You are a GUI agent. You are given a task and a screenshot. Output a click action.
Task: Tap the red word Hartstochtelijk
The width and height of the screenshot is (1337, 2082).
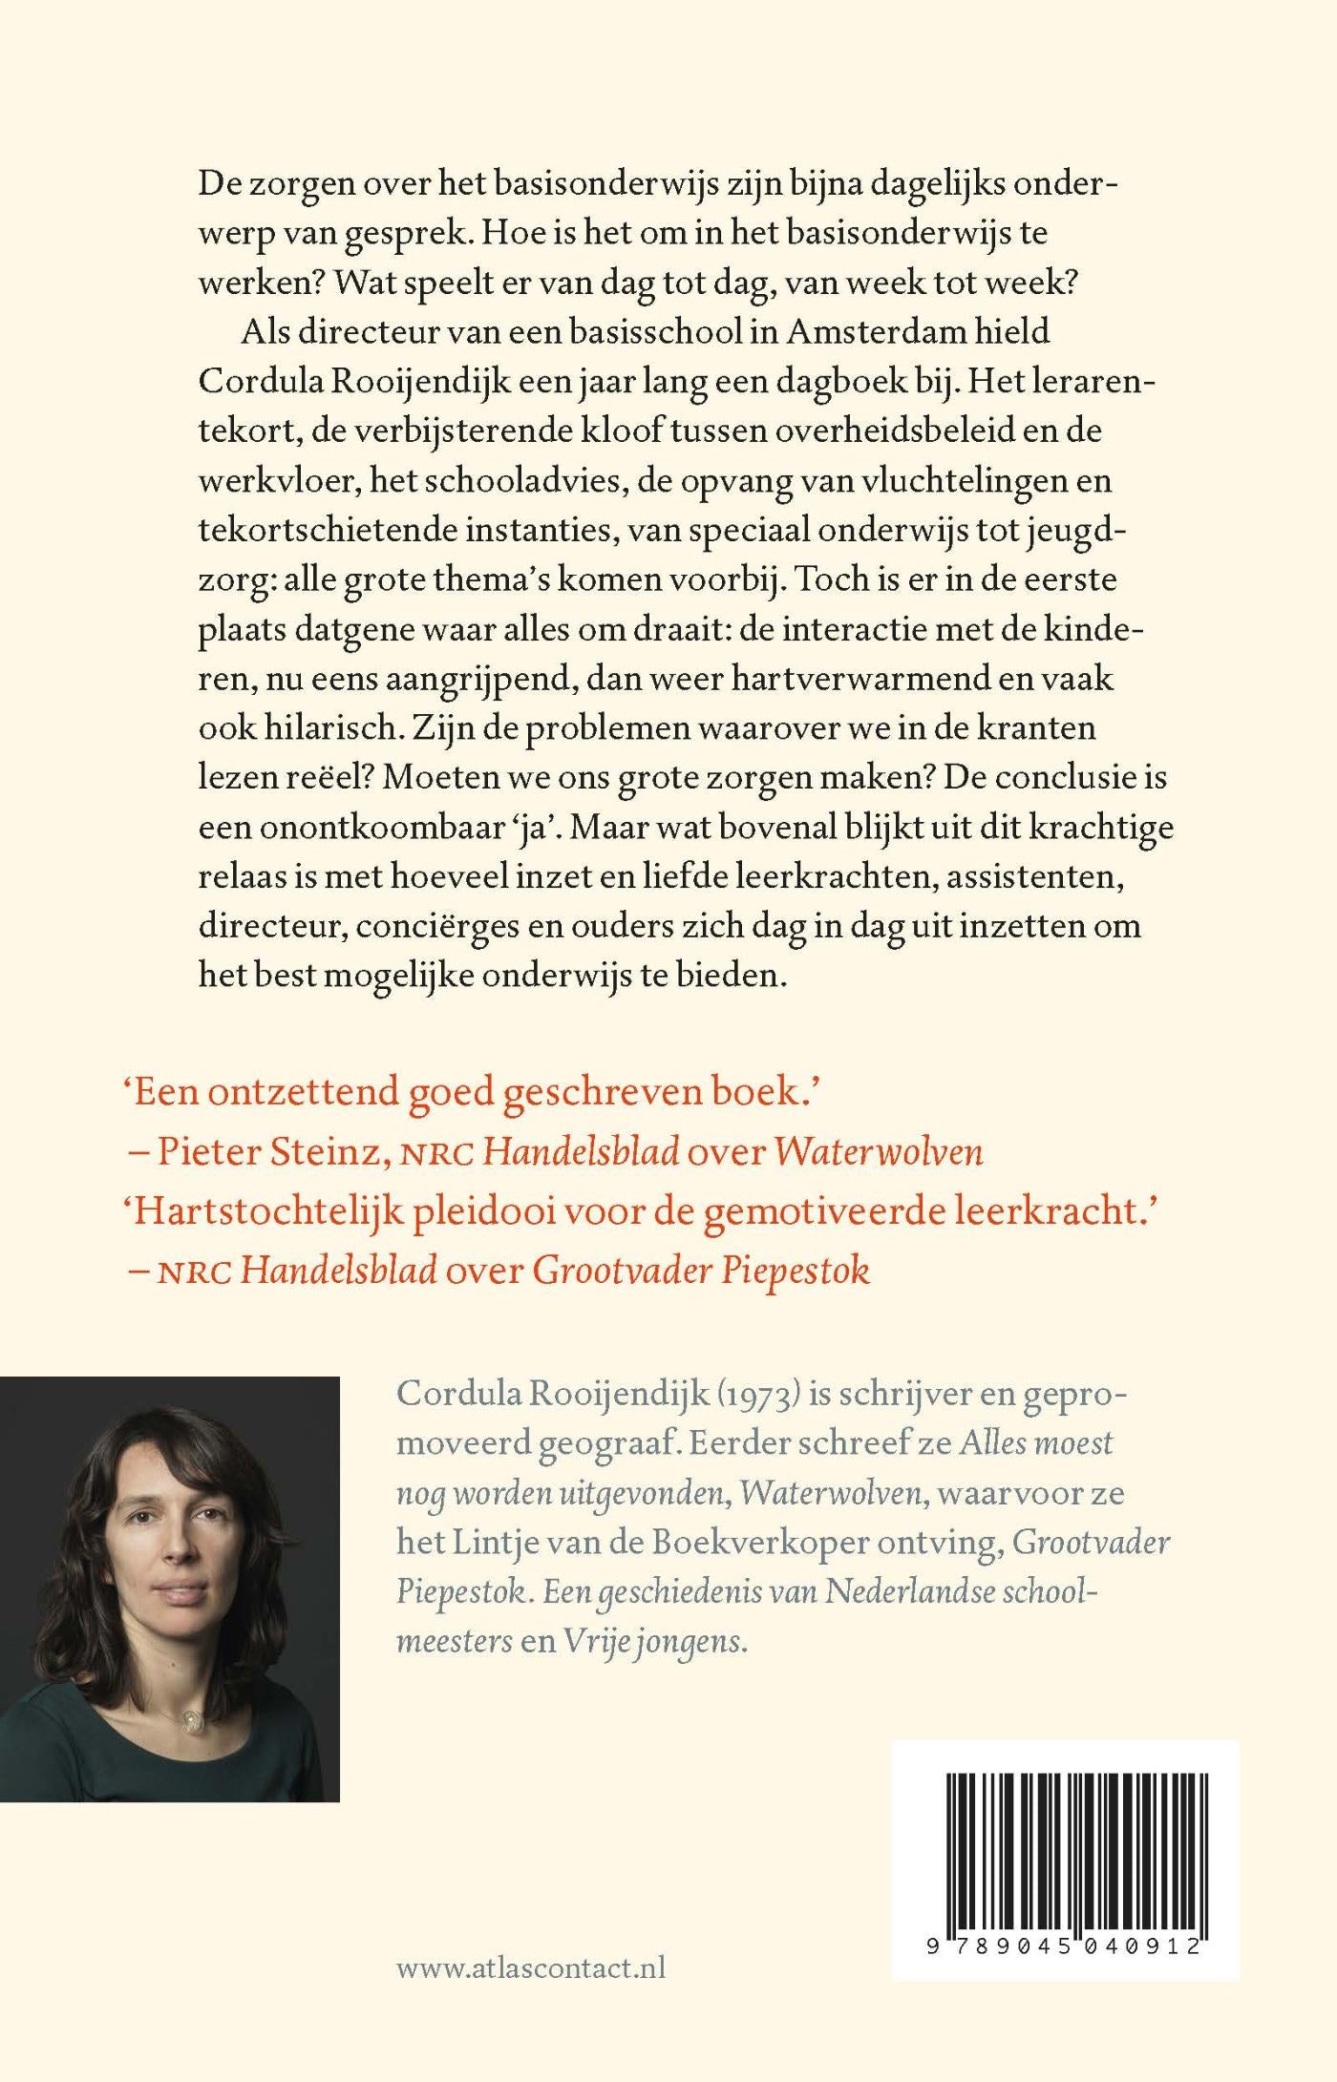click(265, 1210)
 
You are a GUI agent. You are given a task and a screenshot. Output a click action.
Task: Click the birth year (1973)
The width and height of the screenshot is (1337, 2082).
click(760, 1393)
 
